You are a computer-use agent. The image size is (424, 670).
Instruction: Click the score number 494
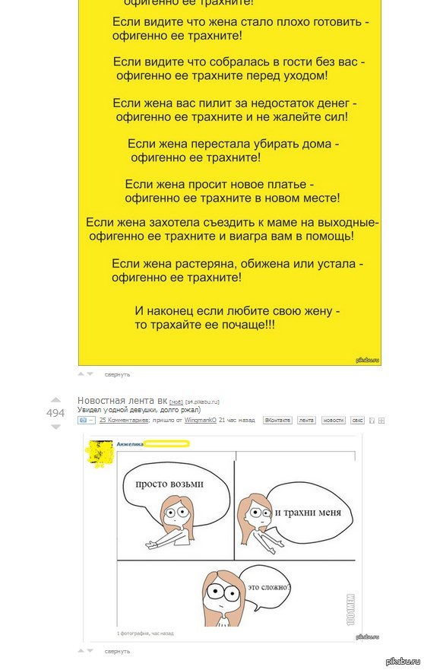[55, 413]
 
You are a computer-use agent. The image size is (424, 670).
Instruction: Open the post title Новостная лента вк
[122, 400]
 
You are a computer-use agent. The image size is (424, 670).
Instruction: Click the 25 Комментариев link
[124, 420]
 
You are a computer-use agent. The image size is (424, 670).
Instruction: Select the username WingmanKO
[201, 420]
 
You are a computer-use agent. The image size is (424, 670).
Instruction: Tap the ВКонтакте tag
[278, 420]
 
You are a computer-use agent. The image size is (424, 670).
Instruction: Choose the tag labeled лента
[306, 420]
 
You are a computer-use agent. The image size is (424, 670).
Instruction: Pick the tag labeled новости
[332, 420]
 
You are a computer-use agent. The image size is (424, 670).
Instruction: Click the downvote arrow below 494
[55, 427]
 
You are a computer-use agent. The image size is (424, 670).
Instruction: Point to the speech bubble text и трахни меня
[308, 512]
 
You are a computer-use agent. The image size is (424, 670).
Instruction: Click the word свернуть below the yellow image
[117, 374]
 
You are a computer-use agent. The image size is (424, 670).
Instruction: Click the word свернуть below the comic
[117, 651]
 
